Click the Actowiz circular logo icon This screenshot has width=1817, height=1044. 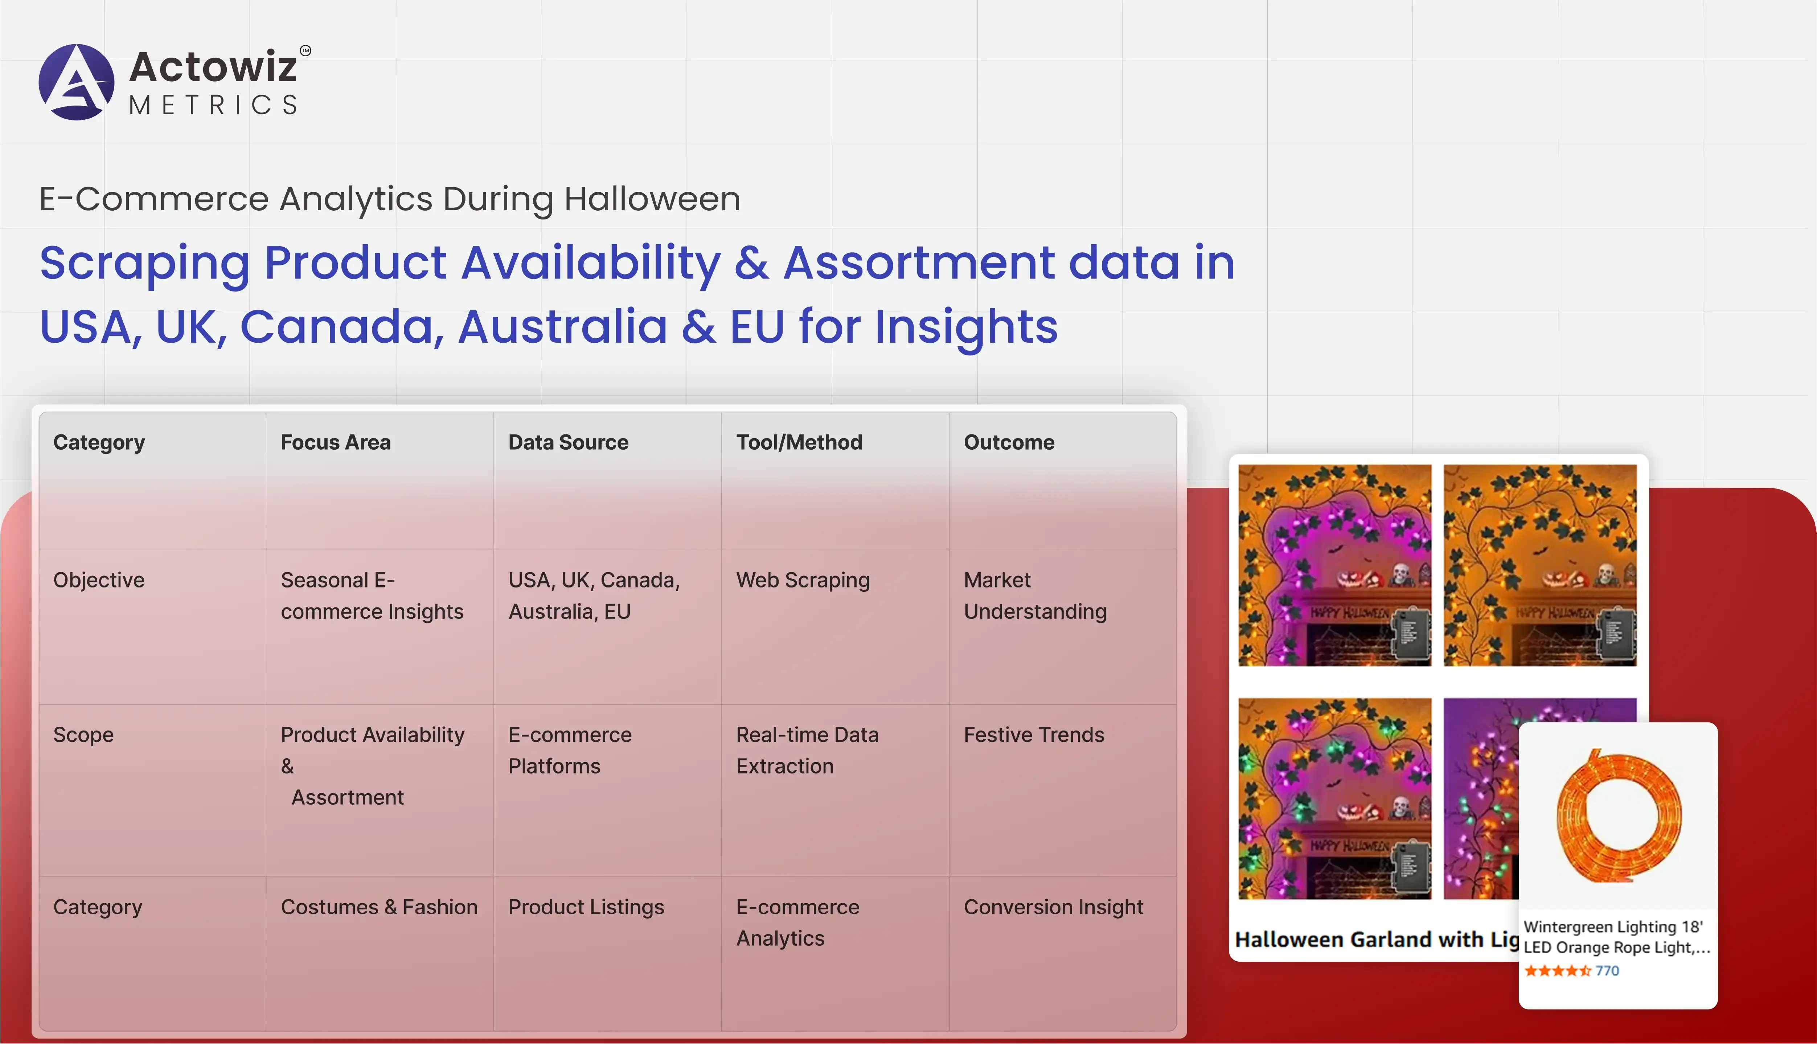[76, 82]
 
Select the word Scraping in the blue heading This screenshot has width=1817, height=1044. [145, 263]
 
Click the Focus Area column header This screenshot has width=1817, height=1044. [336, 442]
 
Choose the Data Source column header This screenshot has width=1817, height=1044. [568, 442]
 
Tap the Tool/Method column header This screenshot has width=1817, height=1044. [799, 442]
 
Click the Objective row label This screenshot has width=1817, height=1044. [99, 580]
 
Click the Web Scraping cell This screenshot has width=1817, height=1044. [803, 580]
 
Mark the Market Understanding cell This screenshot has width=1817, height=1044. [1035, 596]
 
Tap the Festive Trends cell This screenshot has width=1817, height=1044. [1034, 735]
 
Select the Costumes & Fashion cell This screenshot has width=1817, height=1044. [379, 907]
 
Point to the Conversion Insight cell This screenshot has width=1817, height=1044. [1053, 907]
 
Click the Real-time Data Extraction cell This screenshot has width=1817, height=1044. [807, 751]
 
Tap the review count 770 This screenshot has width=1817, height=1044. [1607, 971]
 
